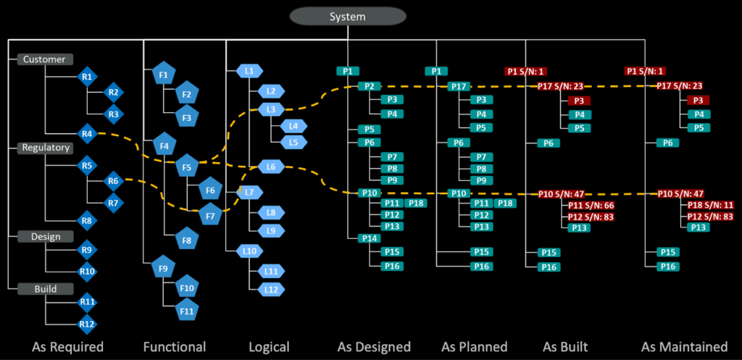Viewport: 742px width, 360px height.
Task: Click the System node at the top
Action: coord(348,16)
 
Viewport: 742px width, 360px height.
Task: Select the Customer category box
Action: coord(43,59)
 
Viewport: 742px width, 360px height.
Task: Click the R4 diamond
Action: coord(87,133)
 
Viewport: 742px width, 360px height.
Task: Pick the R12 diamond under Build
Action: coord(87,324)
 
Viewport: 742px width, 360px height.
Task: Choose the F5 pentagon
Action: coord(187,167)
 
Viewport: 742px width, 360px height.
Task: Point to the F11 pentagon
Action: coord(187,312)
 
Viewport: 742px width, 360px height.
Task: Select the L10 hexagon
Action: coord(249,251)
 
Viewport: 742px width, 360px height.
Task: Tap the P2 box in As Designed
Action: coord(369,86)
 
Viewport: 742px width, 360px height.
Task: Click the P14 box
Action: coord(369,238)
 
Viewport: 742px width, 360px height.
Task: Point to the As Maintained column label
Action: coord(684,346)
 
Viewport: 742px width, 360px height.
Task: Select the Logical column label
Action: coord(268,346)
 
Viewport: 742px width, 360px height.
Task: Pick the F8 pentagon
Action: coord(187,240)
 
